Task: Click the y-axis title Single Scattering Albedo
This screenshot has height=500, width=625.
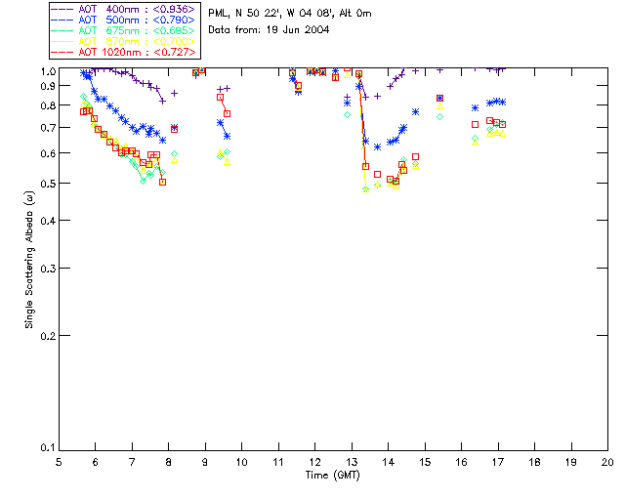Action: point(30,259)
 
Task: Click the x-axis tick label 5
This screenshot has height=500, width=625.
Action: point(59,461)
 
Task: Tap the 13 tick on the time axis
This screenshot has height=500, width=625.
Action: point(352,461)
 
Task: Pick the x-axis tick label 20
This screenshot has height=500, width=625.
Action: point(607,461)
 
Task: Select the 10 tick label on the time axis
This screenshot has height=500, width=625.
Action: point(241,461)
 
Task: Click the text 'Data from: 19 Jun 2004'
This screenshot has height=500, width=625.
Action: point(269,30)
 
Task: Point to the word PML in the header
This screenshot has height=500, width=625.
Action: point(220,14)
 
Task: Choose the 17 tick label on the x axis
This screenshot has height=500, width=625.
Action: point(498,461)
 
